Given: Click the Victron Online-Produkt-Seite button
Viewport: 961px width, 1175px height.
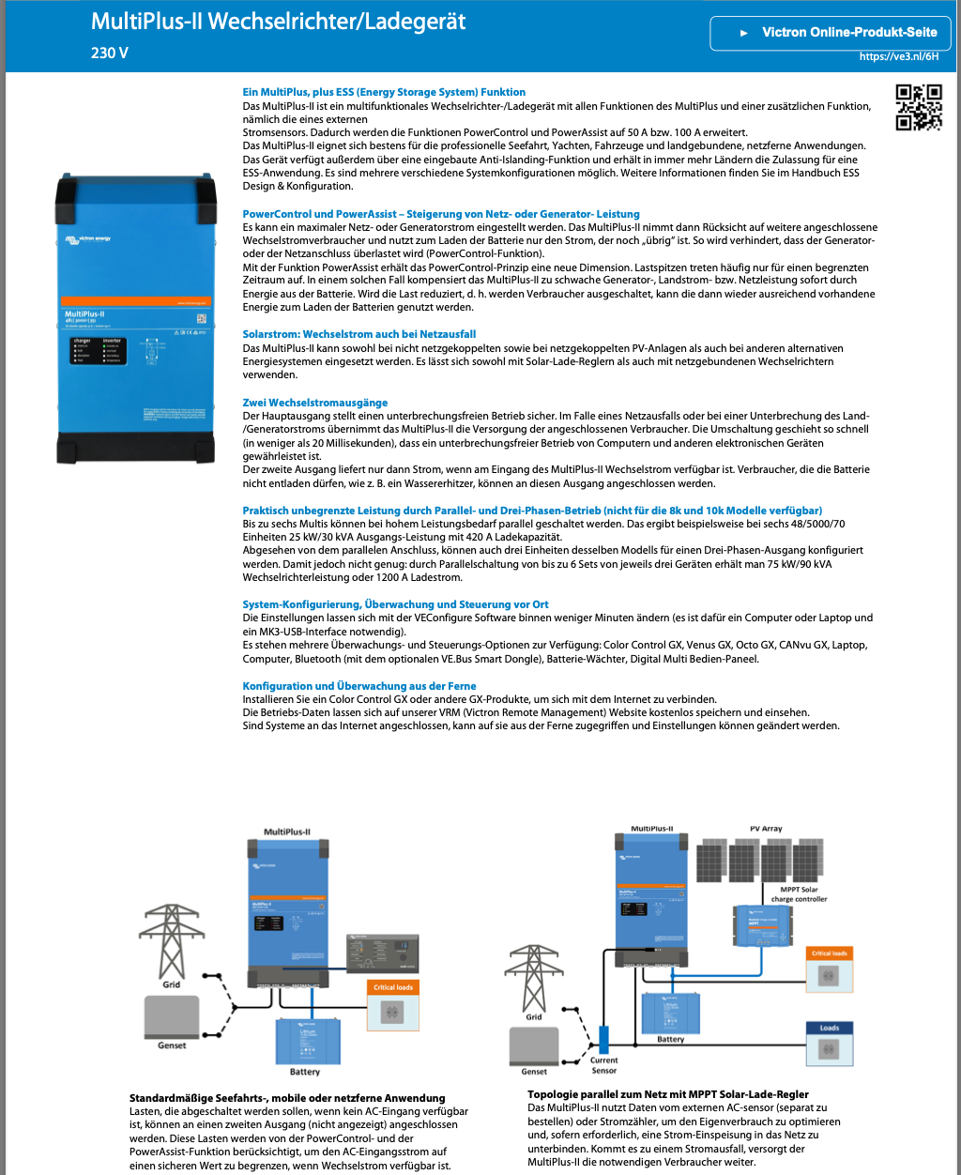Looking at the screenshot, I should tap(830, 32).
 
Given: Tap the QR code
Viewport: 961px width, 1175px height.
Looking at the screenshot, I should tap(918, 106).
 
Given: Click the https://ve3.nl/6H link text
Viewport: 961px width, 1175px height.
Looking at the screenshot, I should tap(898, 56).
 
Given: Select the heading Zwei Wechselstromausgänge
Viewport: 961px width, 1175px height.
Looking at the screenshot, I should tap(314, 403).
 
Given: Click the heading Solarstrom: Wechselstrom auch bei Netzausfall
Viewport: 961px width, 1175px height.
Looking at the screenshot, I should tap(358, 334).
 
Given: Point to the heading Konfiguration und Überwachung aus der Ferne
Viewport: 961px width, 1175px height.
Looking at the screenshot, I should tap(358, 686).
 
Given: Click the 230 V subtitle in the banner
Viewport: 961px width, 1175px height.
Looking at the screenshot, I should tap(110, 53).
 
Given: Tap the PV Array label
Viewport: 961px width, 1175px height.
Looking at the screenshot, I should tap(766, 829).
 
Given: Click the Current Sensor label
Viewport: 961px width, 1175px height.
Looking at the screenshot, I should tap(604, 1065).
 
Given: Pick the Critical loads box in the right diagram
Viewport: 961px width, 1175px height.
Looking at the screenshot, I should tap(828, 969).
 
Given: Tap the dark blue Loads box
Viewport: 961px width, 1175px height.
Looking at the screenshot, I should tap(829, 1043).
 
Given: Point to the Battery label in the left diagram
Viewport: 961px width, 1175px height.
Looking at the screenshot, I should tap(304, 1071).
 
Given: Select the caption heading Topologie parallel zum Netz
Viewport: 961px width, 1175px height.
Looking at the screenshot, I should tap(667, 1094).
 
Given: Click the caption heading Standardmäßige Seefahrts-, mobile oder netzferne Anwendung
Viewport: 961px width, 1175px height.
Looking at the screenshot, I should tap(286, 1097).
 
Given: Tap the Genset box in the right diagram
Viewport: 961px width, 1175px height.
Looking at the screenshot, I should tap(534, 1046).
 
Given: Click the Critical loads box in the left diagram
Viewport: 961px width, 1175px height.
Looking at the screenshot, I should tap(393, 1003).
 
